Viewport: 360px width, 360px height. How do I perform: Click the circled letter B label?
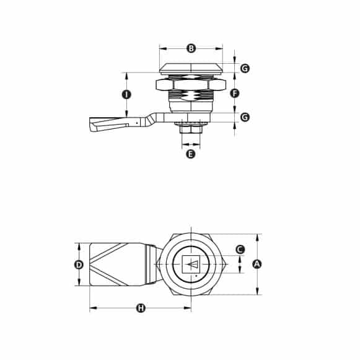[x=191, y=48]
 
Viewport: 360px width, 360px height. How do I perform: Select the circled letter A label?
[x=258, y=264]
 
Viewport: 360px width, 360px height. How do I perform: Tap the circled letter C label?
[x=240, y=249]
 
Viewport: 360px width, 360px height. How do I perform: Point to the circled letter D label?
[x=79, y=265]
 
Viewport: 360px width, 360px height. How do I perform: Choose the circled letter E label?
[x=191, y=154]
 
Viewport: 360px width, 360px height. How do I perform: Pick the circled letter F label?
[x=234, y=94]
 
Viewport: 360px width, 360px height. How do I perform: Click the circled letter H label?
[x=141, y=308]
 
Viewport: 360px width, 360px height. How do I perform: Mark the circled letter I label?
[x=126, y=95]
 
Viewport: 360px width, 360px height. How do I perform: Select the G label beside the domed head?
[x=245, y=68]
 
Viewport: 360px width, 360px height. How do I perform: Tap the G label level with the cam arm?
[x=245, y=116]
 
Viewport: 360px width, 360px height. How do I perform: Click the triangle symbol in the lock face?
[x=193, y=265]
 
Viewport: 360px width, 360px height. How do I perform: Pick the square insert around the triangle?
[x=191, y=265]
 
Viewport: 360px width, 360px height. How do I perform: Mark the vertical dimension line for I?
[x=126, y=81]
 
